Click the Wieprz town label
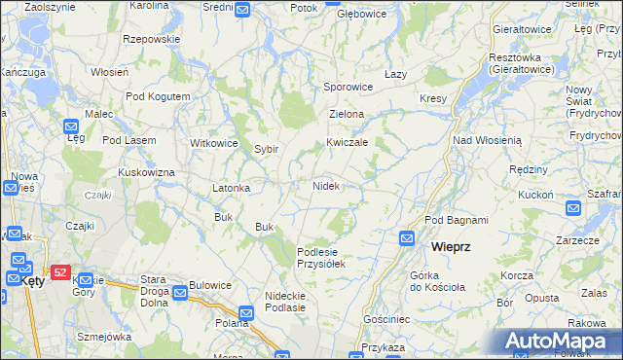451,247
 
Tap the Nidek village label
325,185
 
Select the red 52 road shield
60,273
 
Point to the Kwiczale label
347,142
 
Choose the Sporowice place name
348,87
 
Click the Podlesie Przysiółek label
321,257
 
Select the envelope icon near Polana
245,313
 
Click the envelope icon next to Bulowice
181,291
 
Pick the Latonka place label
232,187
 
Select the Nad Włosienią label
488,140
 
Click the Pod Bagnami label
456,221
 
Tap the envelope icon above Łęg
72,126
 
